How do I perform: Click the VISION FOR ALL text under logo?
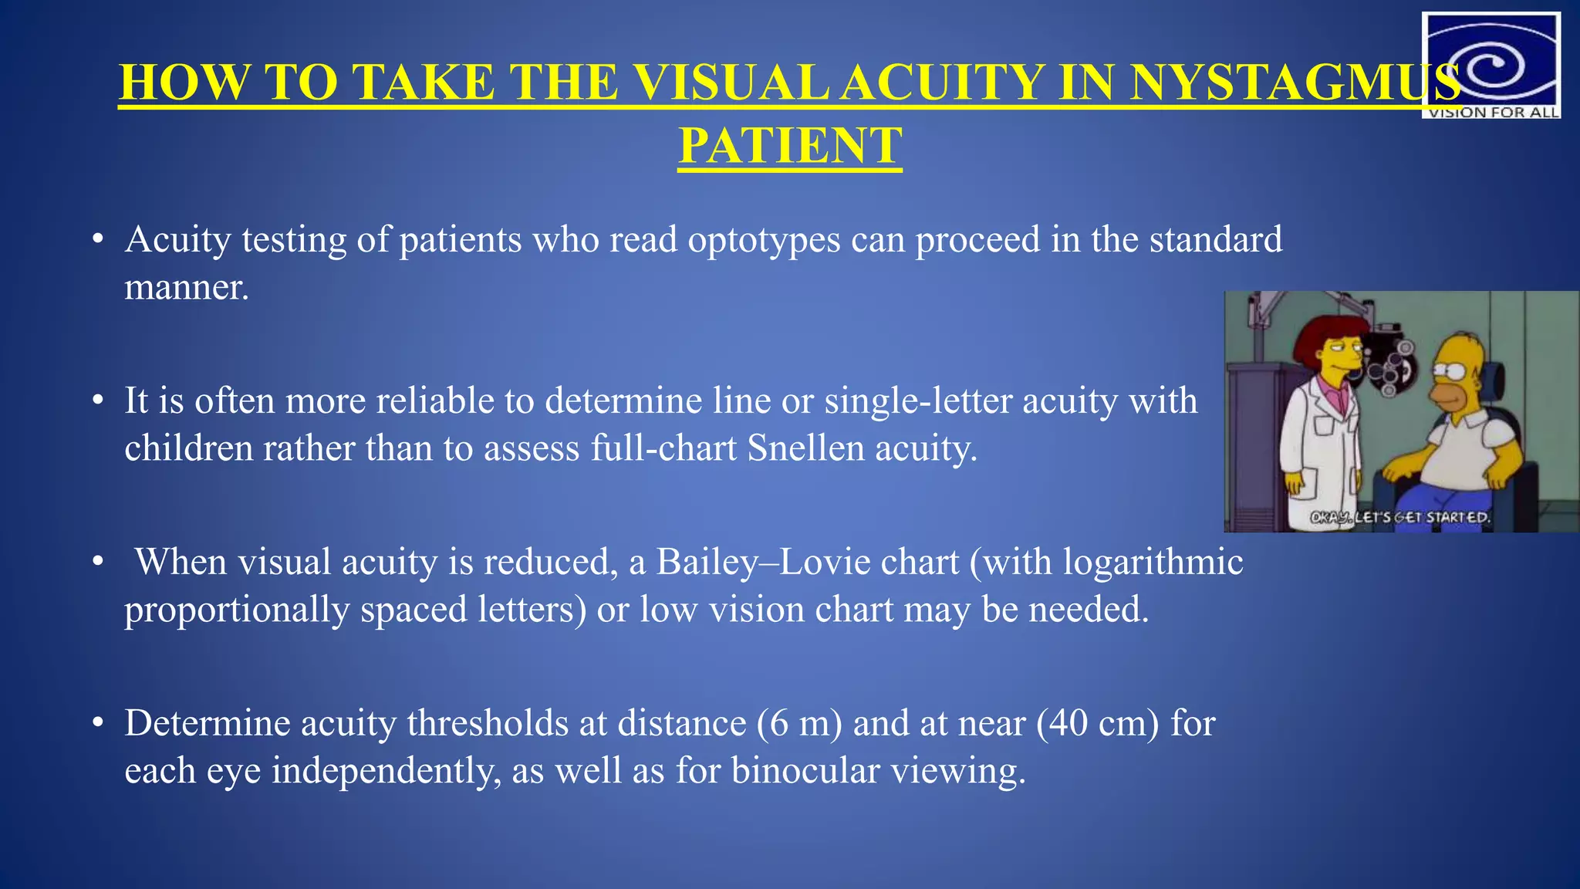[x=1494, y=113]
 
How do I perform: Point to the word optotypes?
[x=764, y=241]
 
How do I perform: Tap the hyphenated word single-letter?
[x=918, y=401]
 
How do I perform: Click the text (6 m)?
[x=799, y=724]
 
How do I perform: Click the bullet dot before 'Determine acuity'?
[x=97, y=724]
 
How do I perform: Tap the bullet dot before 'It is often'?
[x=97, y=401]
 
